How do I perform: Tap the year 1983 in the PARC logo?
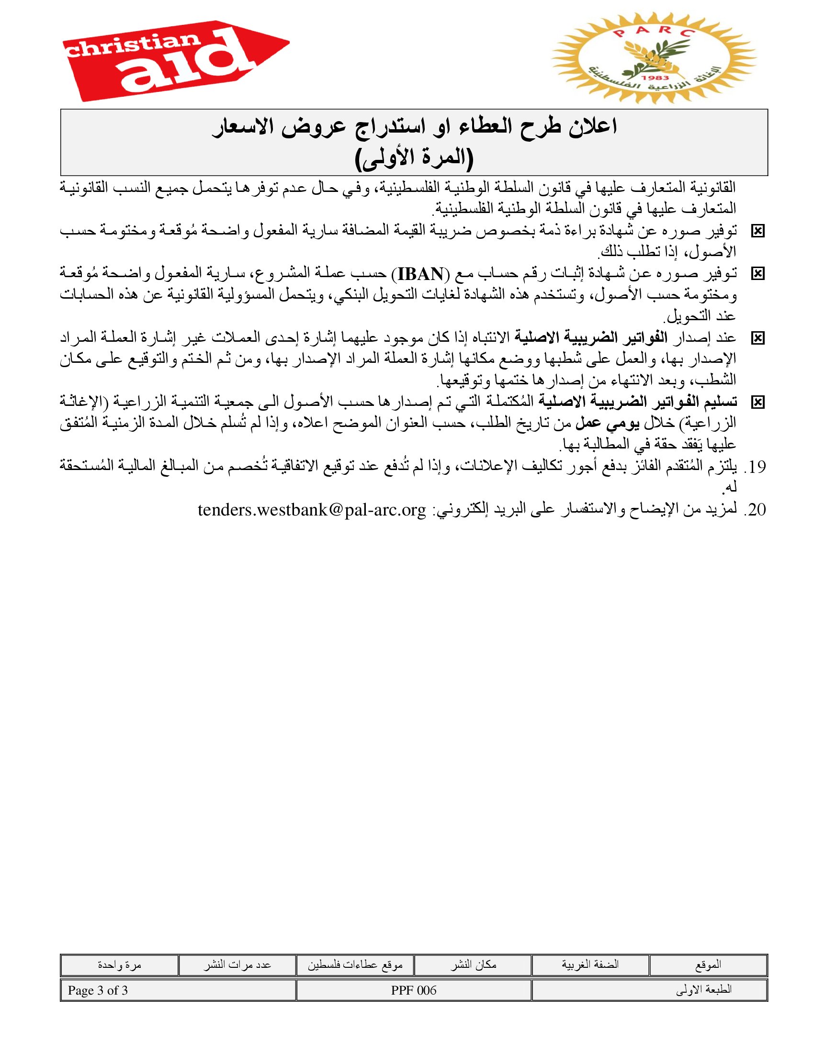[x=655, y=78]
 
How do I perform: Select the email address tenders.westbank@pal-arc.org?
[x=312, y=510]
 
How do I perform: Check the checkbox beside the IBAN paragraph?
[x=757, y=274]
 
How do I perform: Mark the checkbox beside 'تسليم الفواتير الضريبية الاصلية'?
[x=757, y=402]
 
